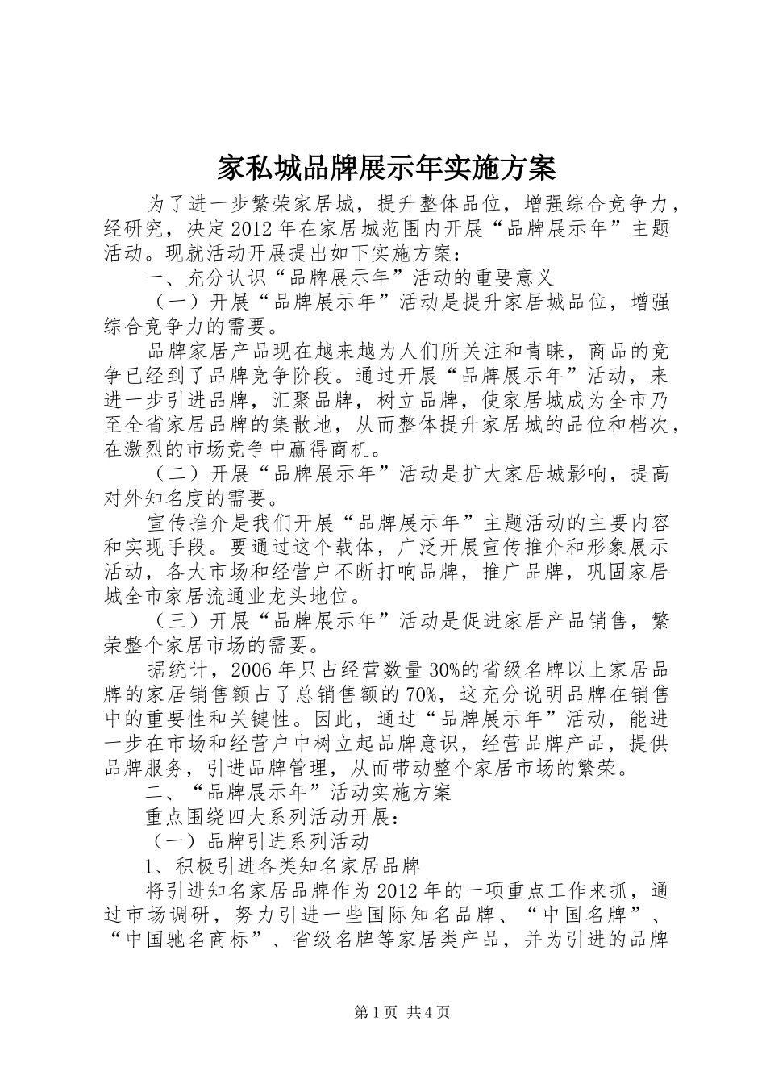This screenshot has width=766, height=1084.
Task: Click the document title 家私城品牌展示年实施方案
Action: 386,168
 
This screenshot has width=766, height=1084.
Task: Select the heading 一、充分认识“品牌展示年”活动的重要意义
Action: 348,277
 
